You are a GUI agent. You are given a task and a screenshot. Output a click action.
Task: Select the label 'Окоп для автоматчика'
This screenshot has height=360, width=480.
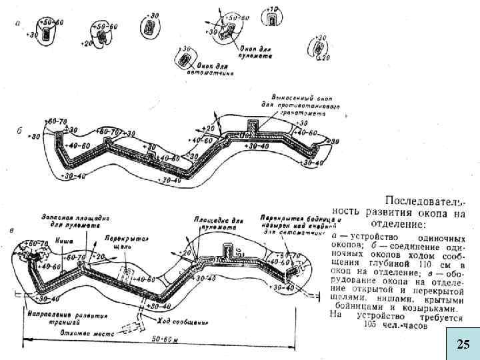click(213, 70)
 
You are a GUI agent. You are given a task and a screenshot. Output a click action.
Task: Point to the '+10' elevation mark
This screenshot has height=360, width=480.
click(272, 10)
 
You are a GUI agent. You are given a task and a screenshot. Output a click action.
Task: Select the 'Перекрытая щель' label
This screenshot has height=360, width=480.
click(125, 242)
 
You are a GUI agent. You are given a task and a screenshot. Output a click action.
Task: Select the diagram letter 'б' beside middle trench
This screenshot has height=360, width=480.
click(20, 130)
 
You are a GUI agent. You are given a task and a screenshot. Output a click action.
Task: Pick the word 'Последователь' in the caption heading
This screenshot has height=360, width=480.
click(423, 201)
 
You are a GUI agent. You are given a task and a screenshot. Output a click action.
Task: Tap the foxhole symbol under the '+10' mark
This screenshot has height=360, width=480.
click(273, 21)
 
